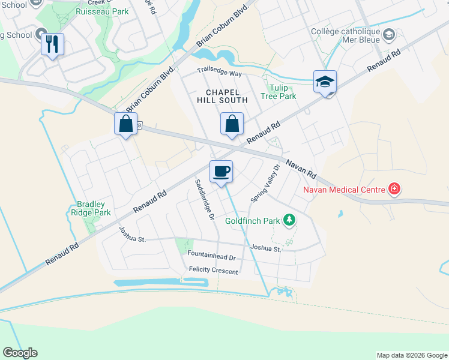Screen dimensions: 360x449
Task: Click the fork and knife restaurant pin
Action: (52, 44)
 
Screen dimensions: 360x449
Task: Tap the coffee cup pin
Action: (221, 172)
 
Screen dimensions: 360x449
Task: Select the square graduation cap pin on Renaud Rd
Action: (325, 82)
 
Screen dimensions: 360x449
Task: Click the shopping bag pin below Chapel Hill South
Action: (232, 124)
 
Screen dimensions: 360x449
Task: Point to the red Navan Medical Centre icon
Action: (394, 190)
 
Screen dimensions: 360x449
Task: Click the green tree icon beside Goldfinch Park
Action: (290, 220)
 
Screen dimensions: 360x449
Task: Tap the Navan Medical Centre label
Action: (343, 190)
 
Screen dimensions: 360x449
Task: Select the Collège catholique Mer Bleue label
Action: (346, 37)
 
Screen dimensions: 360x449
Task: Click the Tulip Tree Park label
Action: (279, 92)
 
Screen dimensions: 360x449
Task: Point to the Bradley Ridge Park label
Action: (94, 208)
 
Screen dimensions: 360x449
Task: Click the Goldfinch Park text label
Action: (252, 221)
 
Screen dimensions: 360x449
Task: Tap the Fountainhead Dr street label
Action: (211, 257)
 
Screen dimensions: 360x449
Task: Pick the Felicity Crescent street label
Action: (213, 271)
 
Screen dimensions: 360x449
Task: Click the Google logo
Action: (20, 353)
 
